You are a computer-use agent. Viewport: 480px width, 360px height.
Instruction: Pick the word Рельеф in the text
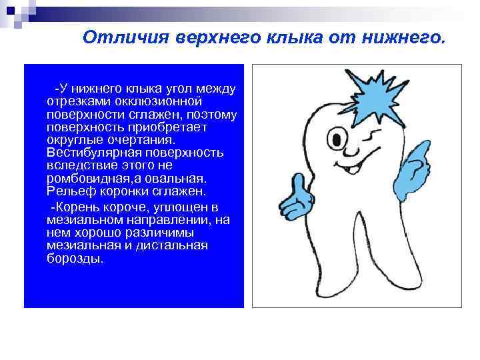coord(67,192)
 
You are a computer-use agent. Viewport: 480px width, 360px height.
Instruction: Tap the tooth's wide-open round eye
coord(339,141)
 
